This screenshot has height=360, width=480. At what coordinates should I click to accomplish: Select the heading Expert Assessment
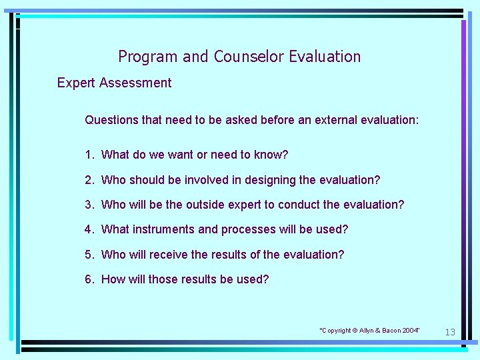[x=114, y=83]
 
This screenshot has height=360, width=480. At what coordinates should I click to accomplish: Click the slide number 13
[x=450, y=332]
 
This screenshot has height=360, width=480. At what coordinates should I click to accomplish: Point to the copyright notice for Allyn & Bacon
[x=370, y=331]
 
